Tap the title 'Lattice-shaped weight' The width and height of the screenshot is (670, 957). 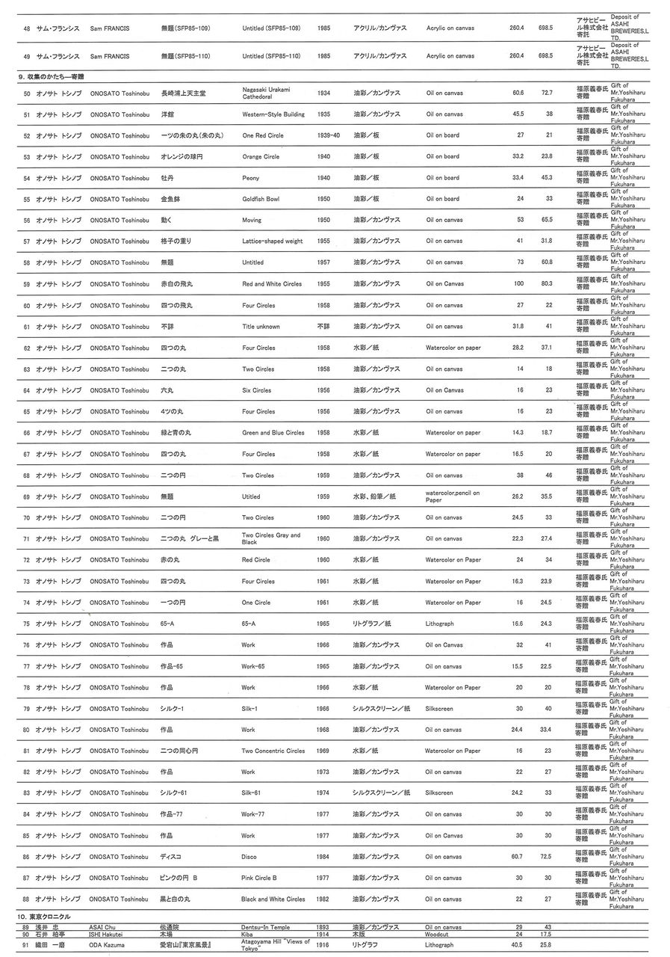coord(273,241)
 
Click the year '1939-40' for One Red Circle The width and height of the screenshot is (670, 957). coord(328,135)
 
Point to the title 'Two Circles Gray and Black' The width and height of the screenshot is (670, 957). coord(270,538)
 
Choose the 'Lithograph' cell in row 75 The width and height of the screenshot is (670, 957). coord(439,624)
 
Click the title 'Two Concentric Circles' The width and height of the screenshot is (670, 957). coord(273,751)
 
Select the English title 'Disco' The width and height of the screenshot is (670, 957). coord(249,857)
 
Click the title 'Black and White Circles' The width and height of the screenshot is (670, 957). coord(273,899)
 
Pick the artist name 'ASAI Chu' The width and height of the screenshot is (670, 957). coord(102,927)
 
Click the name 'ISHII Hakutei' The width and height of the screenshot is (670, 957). coord(106,934)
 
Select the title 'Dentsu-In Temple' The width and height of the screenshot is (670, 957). coord(265,927)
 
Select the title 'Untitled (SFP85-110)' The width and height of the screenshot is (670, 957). coord(271,56)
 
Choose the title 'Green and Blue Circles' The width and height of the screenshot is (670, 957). coord(273,433)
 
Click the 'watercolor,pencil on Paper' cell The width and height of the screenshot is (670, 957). coord(453,496)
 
